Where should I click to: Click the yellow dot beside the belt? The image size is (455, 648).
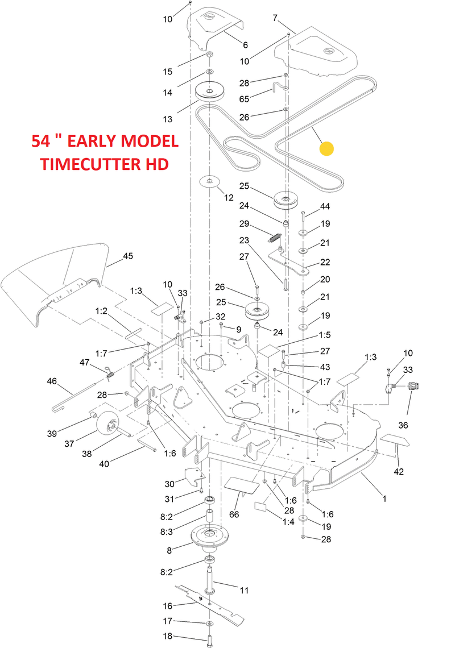click(326, 149)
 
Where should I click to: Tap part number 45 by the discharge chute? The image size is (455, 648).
click(127, 256)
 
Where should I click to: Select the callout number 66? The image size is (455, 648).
click(233, 514)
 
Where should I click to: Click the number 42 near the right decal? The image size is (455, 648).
click(399, 471)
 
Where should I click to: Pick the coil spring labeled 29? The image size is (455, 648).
click(276, 235)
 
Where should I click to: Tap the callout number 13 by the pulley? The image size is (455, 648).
click(167, 119)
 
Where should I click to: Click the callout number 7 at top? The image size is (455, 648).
click(276, 18)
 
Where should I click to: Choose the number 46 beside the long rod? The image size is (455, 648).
click(52, 381)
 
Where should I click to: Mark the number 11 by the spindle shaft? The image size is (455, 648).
click(243, 591)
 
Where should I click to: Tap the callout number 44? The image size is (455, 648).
click(325, 206)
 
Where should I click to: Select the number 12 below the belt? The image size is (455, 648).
click(229, 198)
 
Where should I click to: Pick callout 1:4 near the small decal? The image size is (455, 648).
click(289, 521)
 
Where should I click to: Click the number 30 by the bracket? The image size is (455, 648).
click(169, 484)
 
